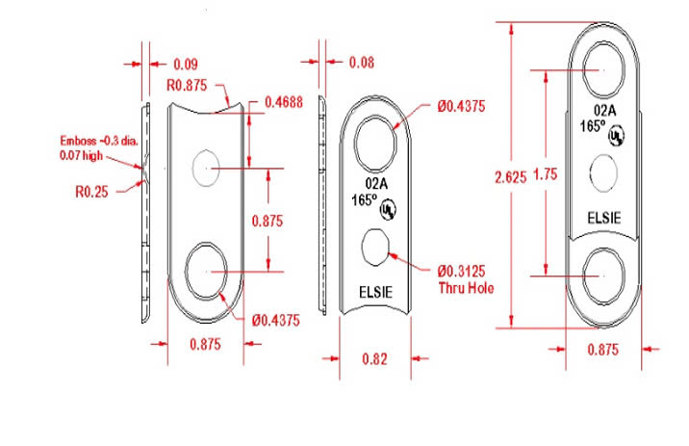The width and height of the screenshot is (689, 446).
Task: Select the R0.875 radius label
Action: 191,86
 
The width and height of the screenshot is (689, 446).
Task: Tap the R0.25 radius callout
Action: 92,191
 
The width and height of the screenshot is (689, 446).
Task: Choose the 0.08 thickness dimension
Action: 362,64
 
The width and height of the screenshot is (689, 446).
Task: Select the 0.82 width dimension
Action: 376,358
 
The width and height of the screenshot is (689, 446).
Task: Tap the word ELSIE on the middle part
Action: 375,291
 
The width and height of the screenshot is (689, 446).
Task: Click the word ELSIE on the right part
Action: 604,219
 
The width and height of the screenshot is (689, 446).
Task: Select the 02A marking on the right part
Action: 604,111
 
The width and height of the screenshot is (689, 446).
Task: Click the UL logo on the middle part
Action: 388,208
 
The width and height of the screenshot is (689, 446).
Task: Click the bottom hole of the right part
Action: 604,274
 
